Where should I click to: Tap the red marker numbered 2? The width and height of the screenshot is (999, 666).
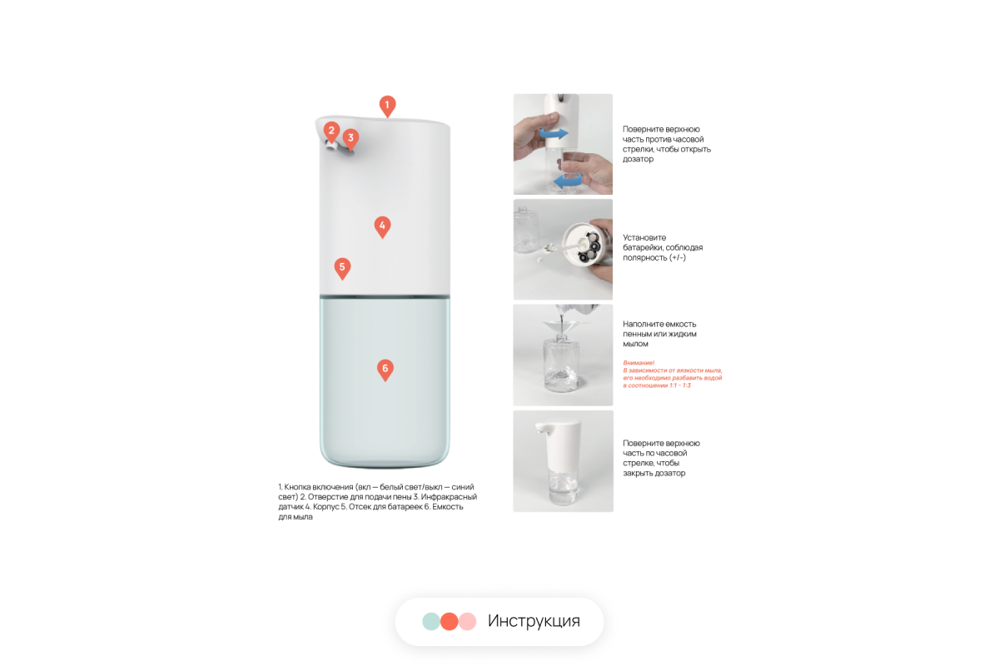pyautogui.click(x=331, y=132)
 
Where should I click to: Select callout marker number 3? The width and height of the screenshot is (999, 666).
pyautogui.click(x=350, y=139)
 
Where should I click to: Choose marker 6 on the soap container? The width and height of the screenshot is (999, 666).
pyautogui.click(x=385, y=370)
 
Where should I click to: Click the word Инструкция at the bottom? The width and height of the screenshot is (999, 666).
pyautogui.click(x=534, y=621)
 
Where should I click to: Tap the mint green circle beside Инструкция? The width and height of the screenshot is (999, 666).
pyautogui.click(x=431, y=621)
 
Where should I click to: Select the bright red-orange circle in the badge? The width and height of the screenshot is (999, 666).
pyautogui.click(x=449, y=621)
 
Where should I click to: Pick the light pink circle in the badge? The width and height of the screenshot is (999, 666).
pyautogui.click(x=468, y=621)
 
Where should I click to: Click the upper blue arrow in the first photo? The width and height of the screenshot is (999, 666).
pyautogui.click(x=554, y=133)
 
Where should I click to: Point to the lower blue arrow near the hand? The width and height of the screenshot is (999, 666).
pyautogui.click(x=567, y=180)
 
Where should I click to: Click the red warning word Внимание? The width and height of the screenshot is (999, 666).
pyautogui.click(x=639, y=363)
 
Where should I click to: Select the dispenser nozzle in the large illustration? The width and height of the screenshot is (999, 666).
pyautogui.click(x=332, y=146)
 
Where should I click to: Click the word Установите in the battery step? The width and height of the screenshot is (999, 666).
pyautogui.click(x=644, y=238)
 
